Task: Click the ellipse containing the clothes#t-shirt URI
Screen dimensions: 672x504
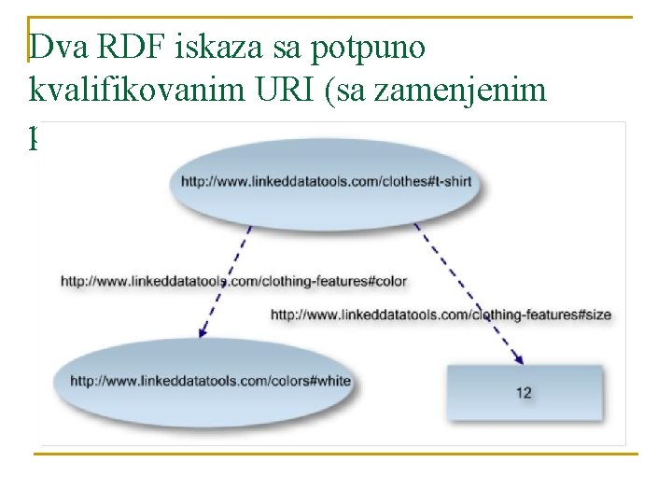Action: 327,181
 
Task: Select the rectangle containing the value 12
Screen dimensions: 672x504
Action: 525,392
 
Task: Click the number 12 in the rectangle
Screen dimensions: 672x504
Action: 525,393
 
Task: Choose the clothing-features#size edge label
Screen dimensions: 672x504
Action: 441,315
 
